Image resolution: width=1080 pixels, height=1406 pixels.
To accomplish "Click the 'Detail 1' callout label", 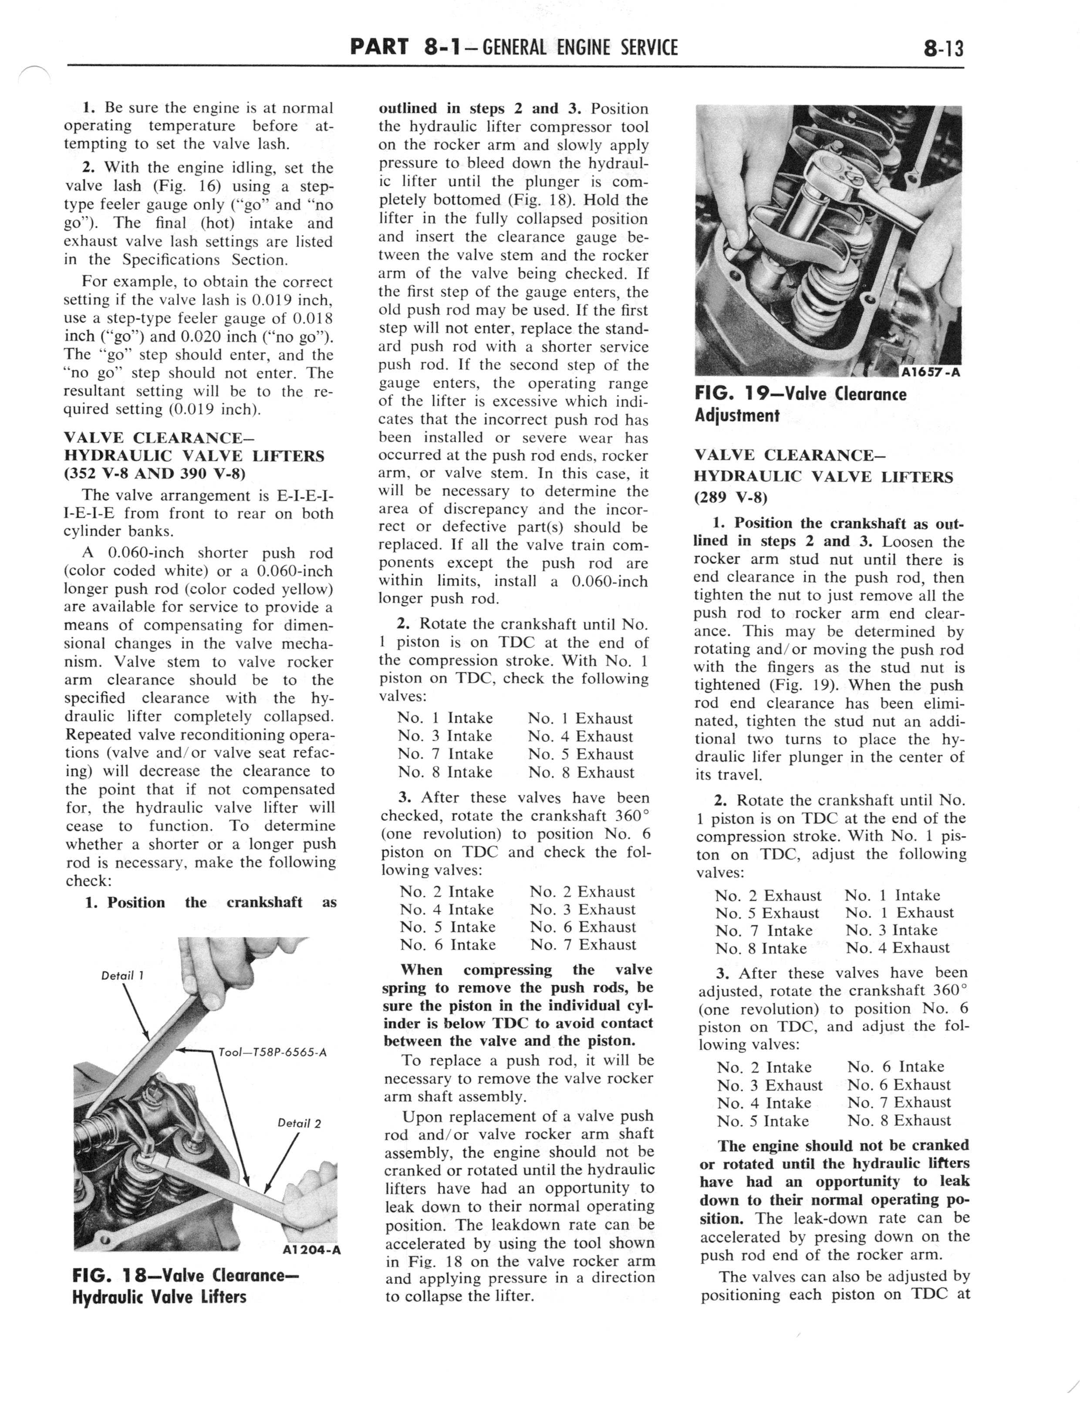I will click(x=122, y=975).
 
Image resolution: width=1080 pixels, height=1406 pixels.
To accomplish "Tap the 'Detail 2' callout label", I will click(x=299, y=1123).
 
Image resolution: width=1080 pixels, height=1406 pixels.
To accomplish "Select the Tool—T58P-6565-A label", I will click(x=273, y=1052).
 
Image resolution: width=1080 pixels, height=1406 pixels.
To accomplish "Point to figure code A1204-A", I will click(x=311, y=1250).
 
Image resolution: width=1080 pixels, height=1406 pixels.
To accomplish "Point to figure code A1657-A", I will click(x=930, y=372).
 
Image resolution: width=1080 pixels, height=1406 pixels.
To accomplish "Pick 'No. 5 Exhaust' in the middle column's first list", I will click(x=580, y=754).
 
